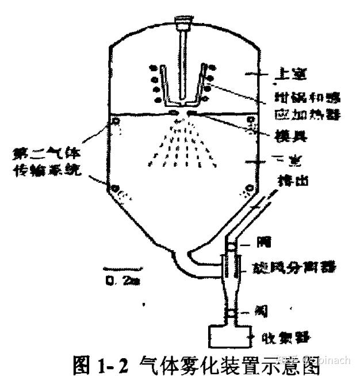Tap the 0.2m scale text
118,280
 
